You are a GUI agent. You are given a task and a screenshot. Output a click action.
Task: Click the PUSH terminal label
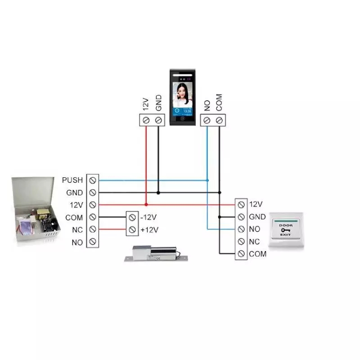tap(72, 180)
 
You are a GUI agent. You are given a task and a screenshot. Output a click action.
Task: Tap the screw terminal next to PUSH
tap(92, 180)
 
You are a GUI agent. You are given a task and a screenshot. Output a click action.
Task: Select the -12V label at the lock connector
tap(148, 217)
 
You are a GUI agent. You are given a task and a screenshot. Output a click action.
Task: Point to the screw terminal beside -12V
tap(132, 217)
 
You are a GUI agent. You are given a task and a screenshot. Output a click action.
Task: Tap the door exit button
tap(286, 230)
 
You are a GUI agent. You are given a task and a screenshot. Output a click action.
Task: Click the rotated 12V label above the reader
tap(145, 104)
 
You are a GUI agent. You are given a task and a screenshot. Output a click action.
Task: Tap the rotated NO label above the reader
tap(207, 105)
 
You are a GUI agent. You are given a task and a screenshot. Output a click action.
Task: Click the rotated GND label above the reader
tap(158, 103)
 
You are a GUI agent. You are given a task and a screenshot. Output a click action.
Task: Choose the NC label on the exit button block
tap(254, 242)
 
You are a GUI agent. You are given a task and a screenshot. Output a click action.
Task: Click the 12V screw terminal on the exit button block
tap(241, 204)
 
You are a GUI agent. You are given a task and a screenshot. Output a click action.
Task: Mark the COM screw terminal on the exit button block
tap(241, 254)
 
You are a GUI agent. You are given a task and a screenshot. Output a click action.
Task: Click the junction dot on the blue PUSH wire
tap(207, 180)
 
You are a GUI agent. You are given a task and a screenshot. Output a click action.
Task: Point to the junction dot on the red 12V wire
tap(146, 205)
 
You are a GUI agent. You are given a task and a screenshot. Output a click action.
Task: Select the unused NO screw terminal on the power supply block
tap(92, 243)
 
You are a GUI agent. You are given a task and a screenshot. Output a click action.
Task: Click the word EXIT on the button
tap(286, 235)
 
